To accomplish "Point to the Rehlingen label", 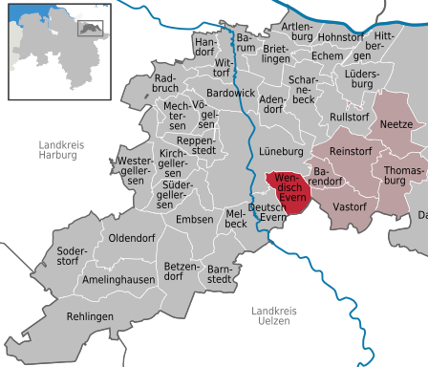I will pos(91,316).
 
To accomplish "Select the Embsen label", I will pos(195,220).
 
